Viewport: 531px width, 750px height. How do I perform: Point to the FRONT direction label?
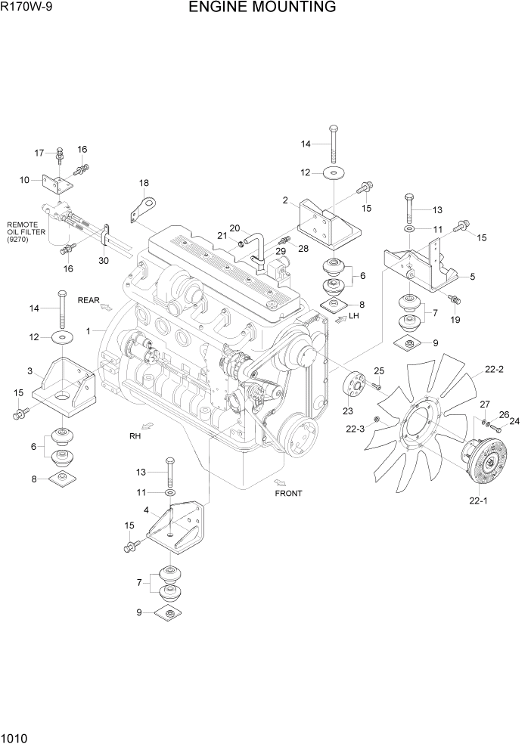pos(288,494)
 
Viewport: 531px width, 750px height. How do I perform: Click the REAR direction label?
pos(88,300)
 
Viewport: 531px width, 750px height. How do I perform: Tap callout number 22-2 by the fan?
pos(494,370)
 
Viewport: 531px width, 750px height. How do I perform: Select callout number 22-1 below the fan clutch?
pos(479,500)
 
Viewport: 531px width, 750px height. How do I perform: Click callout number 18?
pos(144,183)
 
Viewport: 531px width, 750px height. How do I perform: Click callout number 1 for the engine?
pos(88,331)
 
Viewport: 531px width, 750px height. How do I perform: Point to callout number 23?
pos(348,411)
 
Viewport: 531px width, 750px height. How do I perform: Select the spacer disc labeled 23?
pos(354,385)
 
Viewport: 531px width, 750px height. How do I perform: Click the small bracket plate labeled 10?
pos(59,184)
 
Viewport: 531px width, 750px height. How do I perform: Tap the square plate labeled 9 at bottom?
pos(171,613)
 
